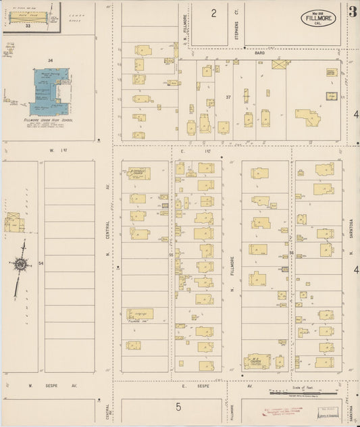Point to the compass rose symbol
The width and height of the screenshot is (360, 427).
click(22, 264)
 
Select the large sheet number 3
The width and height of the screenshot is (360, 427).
click(353, 11)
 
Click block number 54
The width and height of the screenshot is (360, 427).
click(41, 262)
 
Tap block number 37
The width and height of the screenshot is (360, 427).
click(228, 97)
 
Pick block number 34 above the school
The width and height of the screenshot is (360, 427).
click(49, 61)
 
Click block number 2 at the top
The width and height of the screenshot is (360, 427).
click(213, 13)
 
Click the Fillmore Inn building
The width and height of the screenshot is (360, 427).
click(140, 313)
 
